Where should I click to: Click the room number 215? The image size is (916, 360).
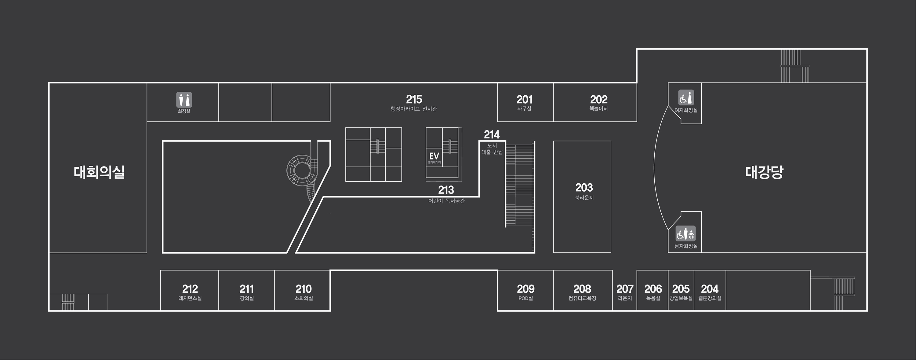[414, 99]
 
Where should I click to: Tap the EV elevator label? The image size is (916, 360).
[434, 156]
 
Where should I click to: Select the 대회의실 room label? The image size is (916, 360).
[99, 172]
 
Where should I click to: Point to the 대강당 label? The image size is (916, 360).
[764, 172]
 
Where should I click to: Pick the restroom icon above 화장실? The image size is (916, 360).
[184, 100]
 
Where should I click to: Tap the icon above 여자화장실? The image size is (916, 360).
[686, 97]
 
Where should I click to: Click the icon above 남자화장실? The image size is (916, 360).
[685, 234]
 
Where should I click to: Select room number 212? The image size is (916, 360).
[190, 289]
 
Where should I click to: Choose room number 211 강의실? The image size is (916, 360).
[246, 289]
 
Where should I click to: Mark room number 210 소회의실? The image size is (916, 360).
[303, 289]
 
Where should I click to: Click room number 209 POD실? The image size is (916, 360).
[525, 289]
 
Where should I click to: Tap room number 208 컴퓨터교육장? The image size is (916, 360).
[582, 289]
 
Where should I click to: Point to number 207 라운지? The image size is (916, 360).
[625, 289]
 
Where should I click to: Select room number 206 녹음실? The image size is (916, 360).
[653, 289]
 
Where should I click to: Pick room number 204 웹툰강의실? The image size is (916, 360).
[709, 289]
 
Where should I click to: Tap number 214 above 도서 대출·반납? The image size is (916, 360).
[492, 134]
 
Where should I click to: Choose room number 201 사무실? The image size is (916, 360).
[525, 99]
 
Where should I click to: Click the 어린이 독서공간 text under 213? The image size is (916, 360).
[446, 201]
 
